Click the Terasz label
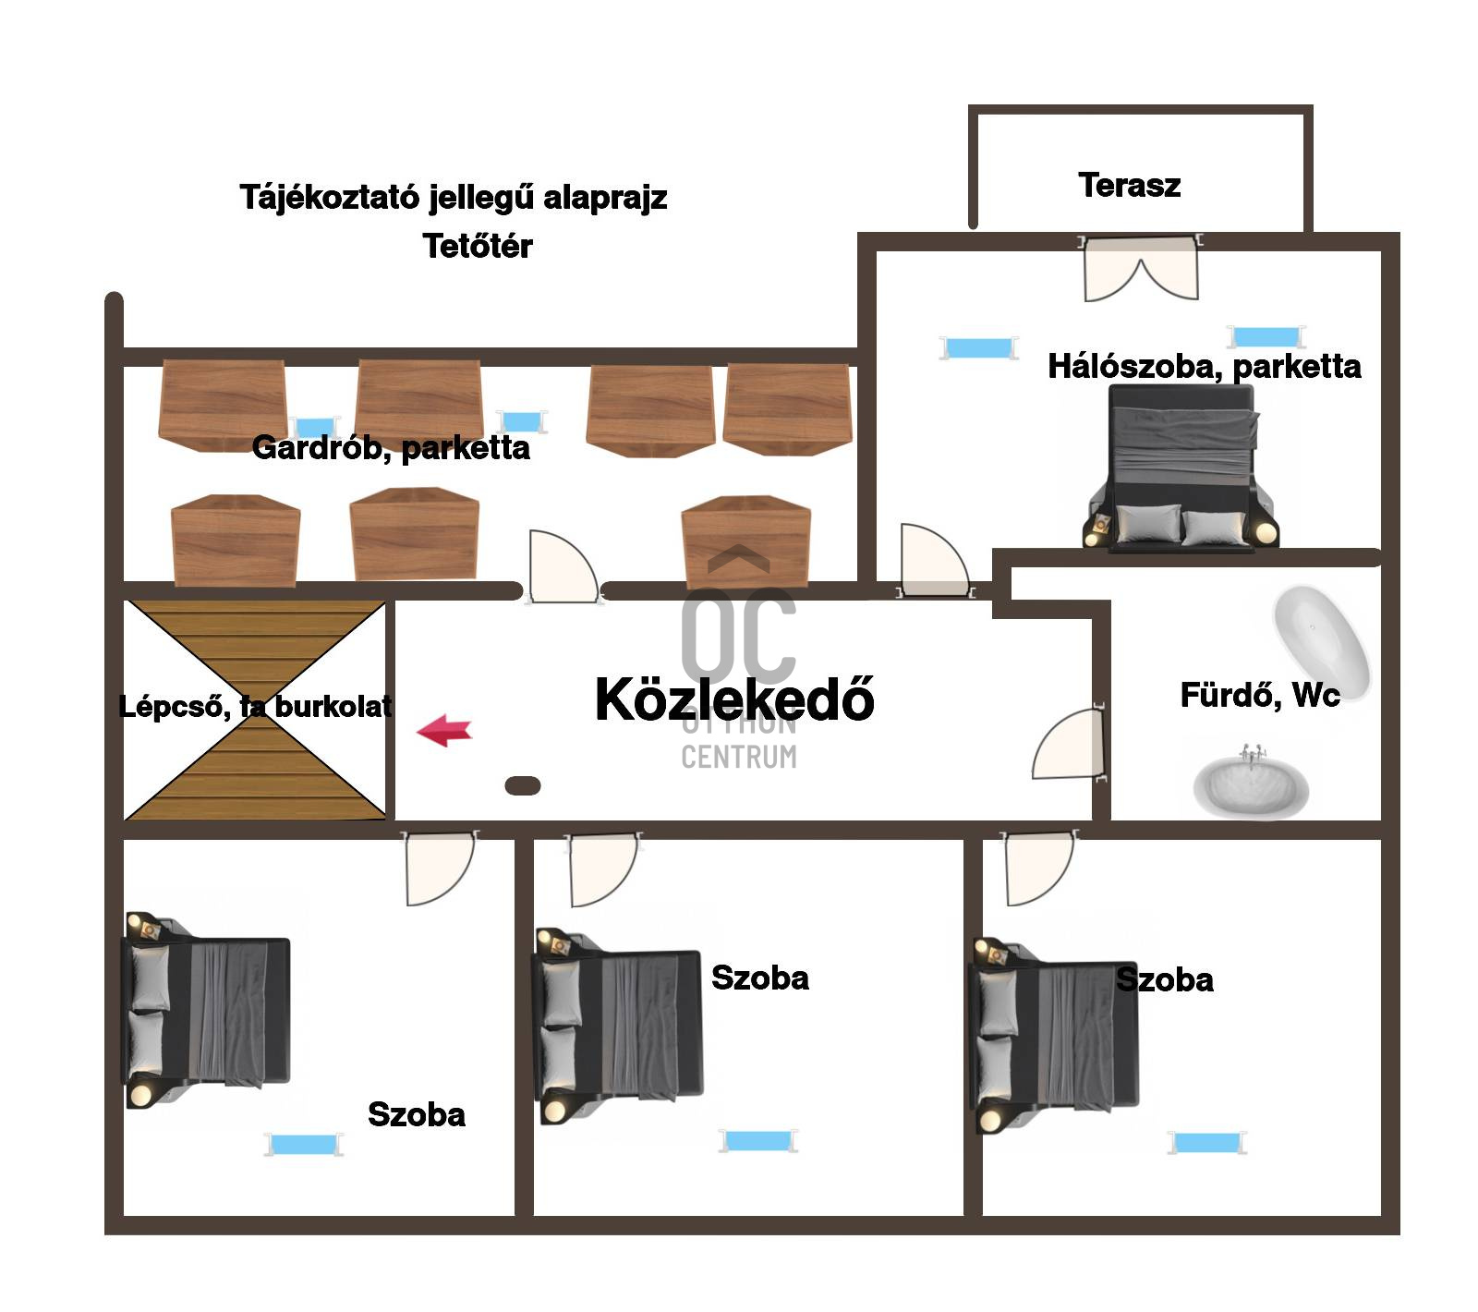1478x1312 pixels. pos(1129,185)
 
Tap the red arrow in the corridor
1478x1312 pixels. pos(444,730)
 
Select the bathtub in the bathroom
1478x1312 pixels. pos(1321,635)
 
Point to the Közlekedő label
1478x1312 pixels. pos(734,699)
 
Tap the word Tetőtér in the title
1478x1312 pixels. pos(478,246)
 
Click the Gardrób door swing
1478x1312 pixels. pos(563,565)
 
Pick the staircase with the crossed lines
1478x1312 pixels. pos(255,710)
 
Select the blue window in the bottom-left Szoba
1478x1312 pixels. pos(304,1145)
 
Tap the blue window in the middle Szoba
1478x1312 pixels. pos(758,1140)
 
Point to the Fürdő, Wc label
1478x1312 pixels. pos(1260,695)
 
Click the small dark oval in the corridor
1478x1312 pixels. pos(523,785)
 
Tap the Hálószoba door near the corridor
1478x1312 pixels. pos(935,561)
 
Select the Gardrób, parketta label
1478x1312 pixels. pos(391,448)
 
